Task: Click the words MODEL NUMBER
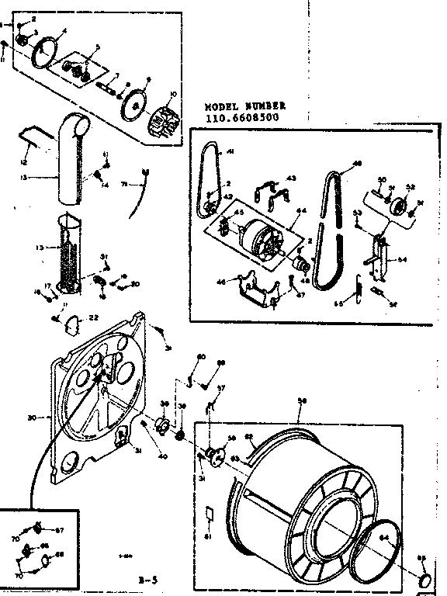coord(245,106)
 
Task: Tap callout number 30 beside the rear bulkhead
coord(32,418)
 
